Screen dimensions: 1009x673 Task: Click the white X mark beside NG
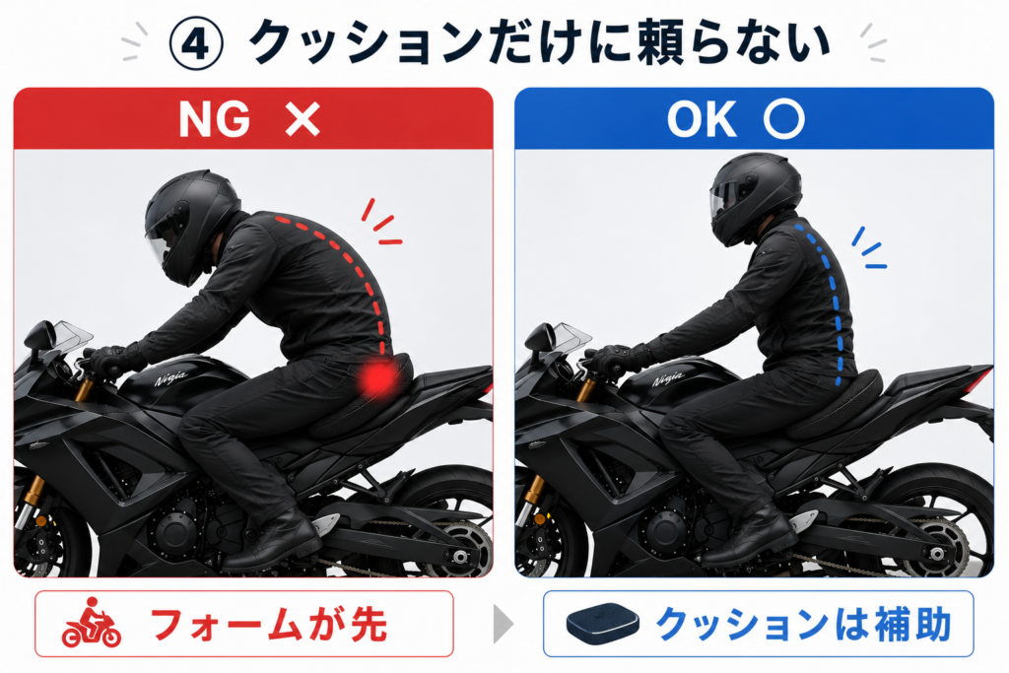click(303, 119)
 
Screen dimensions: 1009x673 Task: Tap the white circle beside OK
click(783, 119)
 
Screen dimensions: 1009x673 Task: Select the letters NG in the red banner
click(214, 119)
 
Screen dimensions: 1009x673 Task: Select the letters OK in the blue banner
click(702, 119)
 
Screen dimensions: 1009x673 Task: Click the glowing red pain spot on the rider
click(377, 377)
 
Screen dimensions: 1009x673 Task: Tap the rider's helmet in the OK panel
click(755, 198)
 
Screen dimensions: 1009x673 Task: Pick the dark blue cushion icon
click(602, 623)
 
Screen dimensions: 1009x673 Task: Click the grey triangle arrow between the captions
click(504, 624)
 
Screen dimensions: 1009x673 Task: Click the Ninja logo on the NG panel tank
click(171, 377)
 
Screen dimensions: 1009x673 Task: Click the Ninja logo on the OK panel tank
click(667, 378)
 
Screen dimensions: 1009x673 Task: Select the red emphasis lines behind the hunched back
click(381, 223)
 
